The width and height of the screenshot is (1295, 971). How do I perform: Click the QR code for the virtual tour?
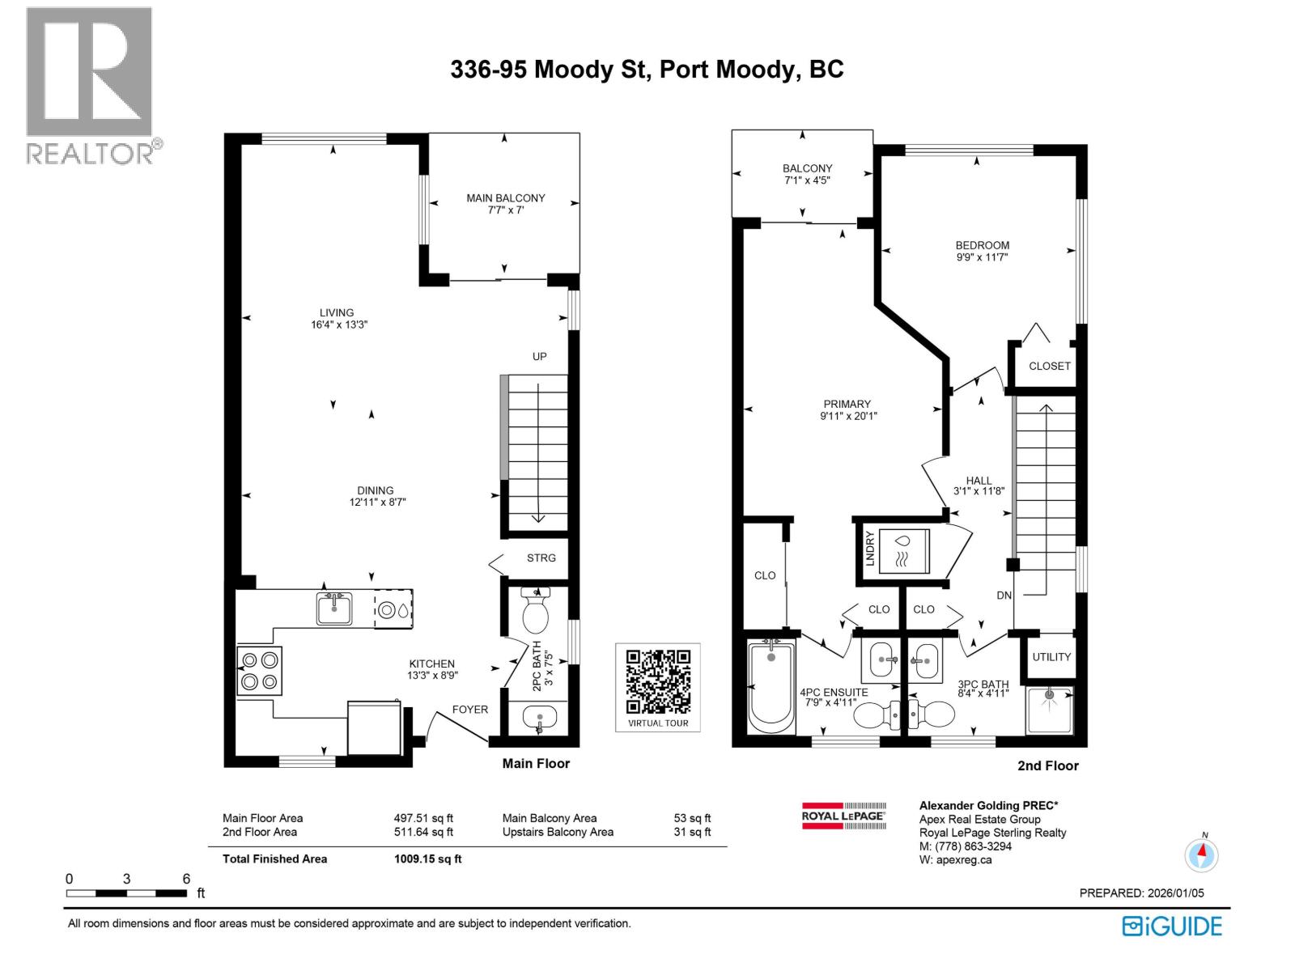[x=658, y=681]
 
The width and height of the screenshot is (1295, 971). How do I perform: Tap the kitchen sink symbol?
[x=334, y=608]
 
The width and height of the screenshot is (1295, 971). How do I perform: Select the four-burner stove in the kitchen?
[x=259, y=671]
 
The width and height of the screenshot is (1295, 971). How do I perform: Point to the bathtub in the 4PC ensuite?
[x=771, y=685]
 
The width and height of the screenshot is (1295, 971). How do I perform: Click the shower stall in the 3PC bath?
[x=1050, y=710]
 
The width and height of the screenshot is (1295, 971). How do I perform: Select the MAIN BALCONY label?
[x=505, y=198]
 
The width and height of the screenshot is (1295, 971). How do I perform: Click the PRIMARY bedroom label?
[x=847, y=404]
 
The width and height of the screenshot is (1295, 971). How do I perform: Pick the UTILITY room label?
[x=1051, y=657]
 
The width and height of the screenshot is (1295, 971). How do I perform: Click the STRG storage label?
[x=541, y=558]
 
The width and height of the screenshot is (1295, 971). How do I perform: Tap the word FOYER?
[x=470, y=710]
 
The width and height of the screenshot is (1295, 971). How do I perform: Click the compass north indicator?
[x=1202, y=854]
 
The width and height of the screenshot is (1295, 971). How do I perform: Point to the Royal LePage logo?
[x=844, y=816]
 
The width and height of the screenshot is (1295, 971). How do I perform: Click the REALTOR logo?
[x=90, y=85]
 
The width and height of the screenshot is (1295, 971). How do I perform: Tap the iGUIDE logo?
[x=1172, y=926]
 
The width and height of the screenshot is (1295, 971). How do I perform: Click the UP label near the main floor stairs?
[x=539, y=357]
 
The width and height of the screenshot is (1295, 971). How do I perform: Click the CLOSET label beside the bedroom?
[x=1049, y=366]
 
